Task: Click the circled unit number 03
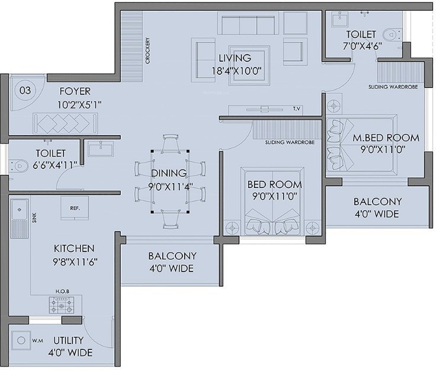(x=25, y=91)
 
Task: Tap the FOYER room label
(x=75, y=91)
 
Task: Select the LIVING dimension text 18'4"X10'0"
(x=237, y=71)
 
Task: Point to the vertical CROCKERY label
(x=148, y=50)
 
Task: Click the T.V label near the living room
(x=297, y=109)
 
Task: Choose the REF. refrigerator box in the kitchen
(x=75, y=208)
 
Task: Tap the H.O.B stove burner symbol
(x=62, y=305)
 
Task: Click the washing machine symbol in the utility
(x=21, y=340)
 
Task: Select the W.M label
(x=37, y=341)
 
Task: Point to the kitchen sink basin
(x=19, y=209)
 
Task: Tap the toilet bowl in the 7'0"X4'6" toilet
(x=392, y=35)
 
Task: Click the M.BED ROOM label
(x=386, y=138)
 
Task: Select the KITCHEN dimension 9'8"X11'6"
(x=75, y=262)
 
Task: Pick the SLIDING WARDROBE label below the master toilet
(x=393, y=87)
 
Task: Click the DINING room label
(x=169, y=173)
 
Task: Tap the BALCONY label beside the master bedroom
(x=377, y=202)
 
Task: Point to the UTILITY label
(x=68, y=340)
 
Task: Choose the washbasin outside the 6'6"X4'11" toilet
(x=101, y=149)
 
